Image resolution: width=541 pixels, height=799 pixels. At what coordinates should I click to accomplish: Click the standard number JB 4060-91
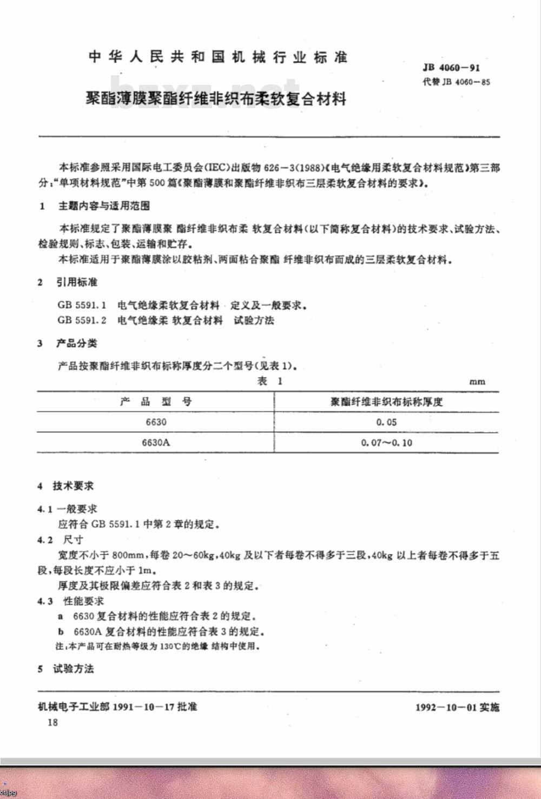point(451,68)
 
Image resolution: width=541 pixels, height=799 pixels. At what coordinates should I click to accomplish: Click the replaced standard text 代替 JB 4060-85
point(457,82)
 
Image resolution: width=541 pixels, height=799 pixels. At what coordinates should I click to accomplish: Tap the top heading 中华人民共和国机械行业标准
point(218,57)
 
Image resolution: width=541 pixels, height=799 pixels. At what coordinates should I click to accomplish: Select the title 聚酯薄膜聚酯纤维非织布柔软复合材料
point(216,99)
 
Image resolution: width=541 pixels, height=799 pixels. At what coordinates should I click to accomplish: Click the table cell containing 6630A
point(156,442)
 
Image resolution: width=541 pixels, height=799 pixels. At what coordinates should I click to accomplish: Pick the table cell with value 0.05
point(386,422)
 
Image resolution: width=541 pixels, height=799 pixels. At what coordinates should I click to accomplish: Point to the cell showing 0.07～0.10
point(386,443)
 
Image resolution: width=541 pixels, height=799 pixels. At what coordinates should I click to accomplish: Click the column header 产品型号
point(156,401)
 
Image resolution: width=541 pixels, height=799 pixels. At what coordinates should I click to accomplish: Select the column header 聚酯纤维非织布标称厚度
point(386,401)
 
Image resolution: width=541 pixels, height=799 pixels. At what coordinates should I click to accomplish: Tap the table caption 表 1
point(270,381)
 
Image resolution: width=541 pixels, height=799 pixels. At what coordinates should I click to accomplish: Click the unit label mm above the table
point(477,381)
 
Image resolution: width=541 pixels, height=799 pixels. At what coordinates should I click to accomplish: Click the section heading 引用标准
point(77,282)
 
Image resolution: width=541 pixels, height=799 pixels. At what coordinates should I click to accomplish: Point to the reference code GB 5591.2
point(82,320)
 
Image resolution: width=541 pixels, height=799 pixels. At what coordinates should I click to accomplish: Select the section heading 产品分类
point(77,344)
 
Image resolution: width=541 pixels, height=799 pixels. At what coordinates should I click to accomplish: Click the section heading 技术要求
point(73,486)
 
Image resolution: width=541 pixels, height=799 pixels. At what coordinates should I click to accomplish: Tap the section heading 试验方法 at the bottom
point(73,669)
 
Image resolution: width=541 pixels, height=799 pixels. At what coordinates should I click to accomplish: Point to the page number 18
point(52,723)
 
